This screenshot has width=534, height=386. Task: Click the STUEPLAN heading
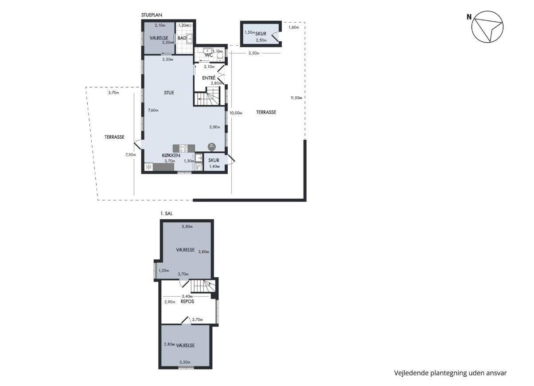point(152,15)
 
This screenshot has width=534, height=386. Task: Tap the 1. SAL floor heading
point(166,214)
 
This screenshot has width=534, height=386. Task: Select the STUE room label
point(169,93)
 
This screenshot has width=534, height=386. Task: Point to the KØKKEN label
point(171,155)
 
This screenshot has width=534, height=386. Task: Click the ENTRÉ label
point(209,78)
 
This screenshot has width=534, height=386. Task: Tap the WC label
point(209,55)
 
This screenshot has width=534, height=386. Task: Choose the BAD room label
point(182,38)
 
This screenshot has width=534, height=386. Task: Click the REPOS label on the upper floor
point(187,302)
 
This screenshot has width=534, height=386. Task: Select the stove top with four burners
point(183,149)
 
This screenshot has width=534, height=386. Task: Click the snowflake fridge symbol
point(149,167)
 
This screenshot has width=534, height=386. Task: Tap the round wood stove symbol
point(211,146)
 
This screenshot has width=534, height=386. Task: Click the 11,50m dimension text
point(296,98)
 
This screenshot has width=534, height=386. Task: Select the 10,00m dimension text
point(236,113)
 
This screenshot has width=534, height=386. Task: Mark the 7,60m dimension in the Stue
point(153,110)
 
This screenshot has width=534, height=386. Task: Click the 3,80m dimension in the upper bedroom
point(204,252)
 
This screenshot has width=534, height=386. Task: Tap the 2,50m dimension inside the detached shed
point(261,40)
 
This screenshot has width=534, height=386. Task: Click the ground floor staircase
point(207,96)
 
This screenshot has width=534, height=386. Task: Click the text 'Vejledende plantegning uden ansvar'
point(450,373)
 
